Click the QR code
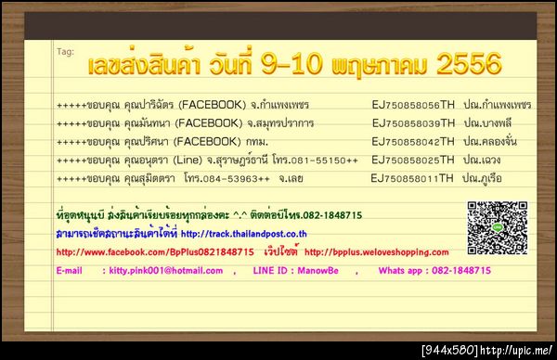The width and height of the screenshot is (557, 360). pyautogui.click(x=489, y=227)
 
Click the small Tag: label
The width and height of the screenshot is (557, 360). pyautogui.click(x=64, y=51)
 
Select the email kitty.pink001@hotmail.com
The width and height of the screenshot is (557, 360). pyautogui.click(x=162, y=270)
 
